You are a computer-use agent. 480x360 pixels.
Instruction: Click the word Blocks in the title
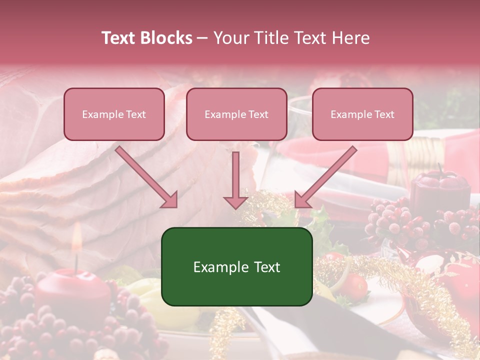[x=168, y=38]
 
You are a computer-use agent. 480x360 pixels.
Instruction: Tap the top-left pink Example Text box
[x=114, y=114]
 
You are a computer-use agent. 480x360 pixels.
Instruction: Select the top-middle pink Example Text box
[x=236, y=114]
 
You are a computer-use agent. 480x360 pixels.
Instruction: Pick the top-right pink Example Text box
[x=362, y=114]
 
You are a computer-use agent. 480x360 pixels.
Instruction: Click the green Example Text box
[x=236, y=266]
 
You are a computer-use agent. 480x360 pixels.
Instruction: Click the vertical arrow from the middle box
[x=235, y=175]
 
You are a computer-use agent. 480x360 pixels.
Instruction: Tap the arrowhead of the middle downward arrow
[x=235, y=202]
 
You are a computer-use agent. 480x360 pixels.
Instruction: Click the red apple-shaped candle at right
[x=440, y=187]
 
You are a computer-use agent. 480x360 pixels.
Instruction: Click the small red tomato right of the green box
[x=356, y=285]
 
